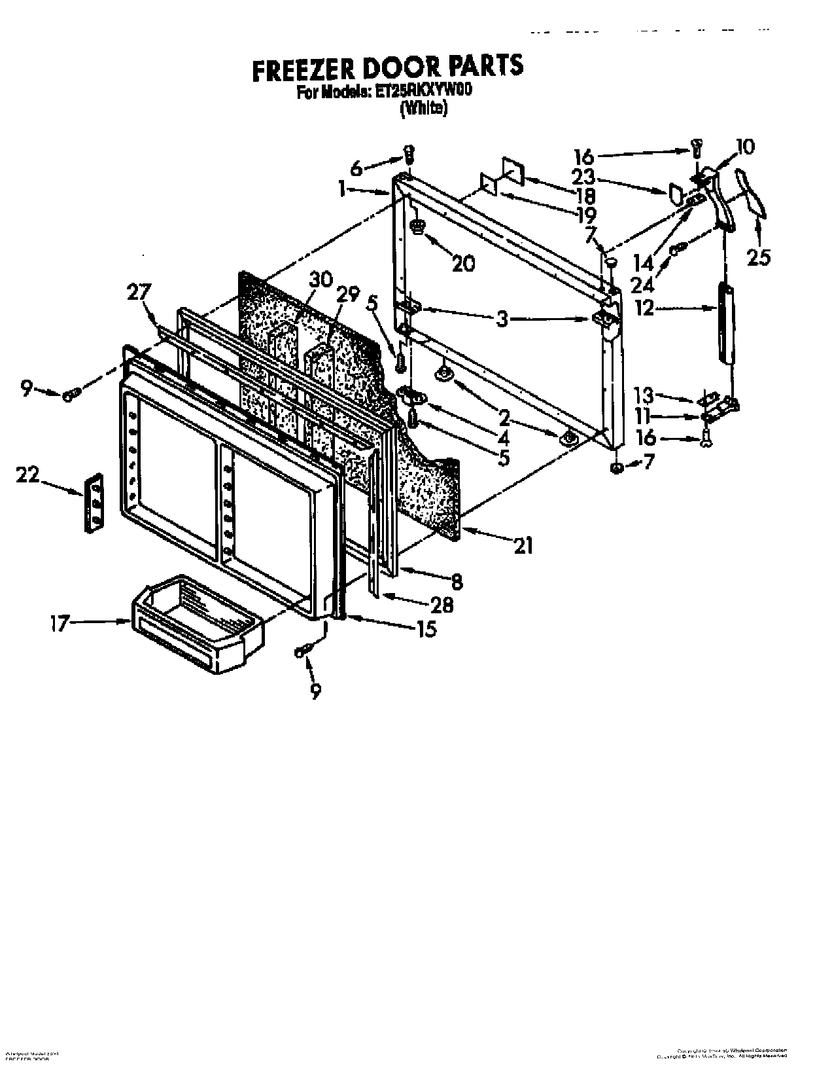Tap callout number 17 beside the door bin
tap(59, 623)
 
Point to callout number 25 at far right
tap(759, 257)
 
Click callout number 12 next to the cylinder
tap(644, 308)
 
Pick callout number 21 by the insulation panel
tap(524, 545)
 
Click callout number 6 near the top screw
tap(356, 168)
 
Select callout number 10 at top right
tap(744, 147)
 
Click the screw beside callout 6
tap(407, 155)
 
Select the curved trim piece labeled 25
tap(752, 192)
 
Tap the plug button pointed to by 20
tap(417, 226)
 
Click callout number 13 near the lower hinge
tap(644, 395)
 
